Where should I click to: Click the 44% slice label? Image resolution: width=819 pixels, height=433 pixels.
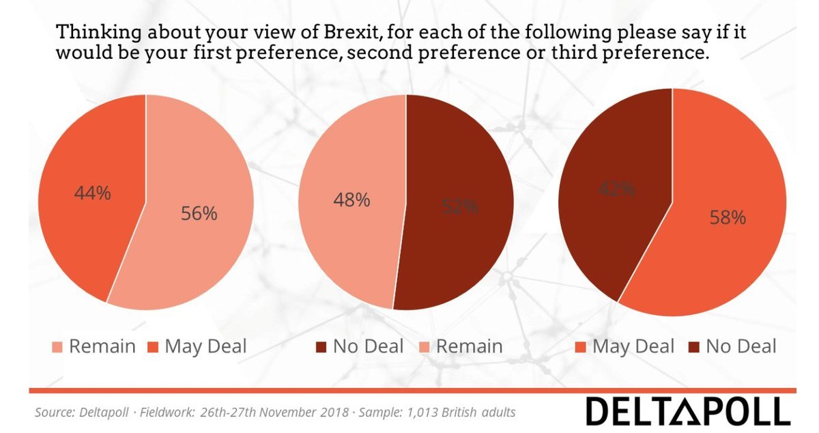[92, 193]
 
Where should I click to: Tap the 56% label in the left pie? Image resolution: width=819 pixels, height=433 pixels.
[199, 214]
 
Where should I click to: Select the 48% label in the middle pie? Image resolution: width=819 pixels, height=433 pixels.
[352, 200]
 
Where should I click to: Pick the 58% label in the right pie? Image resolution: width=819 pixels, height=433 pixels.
[728, 218]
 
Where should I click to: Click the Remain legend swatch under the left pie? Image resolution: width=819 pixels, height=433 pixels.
[58, 346]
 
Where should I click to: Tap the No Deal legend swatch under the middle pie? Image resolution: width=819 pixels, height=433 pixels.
[321, 346]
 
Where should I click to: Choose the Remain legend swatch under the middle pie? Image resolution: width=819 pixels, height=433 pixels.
[424, 346]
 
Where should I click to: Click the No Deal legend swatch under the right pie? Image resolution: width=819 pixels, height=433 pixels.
[693, 346]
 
